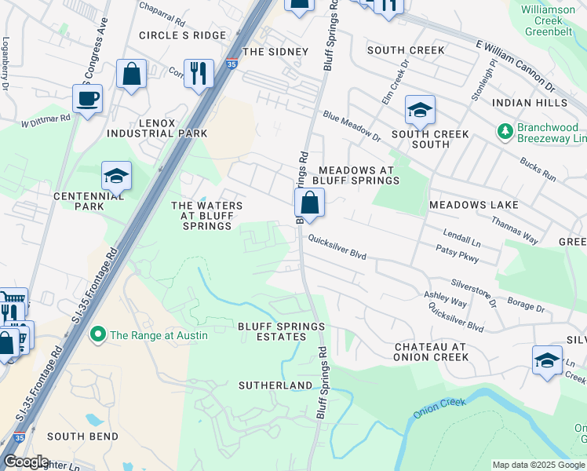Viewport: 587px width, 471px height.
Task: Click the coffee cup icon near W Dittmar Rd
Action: pos(87,99)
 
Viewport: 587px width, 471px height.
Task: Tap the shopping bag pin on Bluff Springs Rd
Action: pos(310,203)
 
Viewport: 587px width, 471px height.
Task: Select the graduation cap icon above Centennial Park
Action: pos(116,176)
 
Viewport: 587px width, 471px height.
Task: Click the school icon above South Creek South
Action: pos(420,111)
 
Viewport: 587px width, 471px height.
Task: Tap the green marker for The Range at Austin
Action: pos(98,335)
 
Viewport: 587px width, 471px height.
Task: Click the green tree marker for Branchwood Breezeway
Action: pos(505,130)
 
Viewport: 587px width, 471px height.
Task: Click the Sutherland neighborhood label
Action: pos(275,385)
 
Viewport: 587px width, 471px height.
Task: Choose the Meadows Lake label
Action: pos(473,205)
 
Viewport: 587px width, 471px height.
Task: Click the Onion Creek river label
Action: pos(439,407)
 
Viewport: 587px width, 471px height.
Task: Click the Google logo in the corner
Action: pos(25,462)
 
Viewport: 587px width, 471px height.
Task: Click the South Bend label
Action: pos(82,436)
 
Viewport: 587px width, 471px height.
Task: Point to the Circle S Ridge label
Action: pos(182,35)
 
